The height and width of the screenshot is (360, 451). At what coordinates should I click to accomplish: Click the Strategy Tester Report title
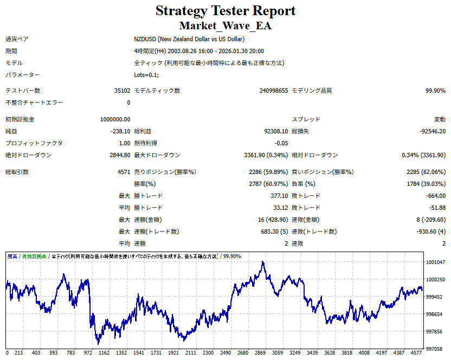(x=225, y=10)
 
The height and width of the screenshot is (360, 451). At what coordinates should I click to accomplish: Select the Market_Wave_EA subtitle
(x=225, y=25)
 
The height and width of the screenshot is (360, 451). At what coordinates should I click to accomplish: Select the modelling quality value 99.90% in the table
(x=435, y=91)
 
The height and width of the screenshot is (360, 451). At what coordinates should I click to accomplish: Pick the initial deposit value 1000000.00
(x=115, y=119)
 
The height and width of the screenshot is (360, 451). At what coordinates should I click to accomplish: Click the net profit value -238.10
(x=120, y=131)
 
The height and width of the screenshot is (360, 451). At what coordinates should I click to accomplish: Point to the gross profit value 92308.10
(x=273, y=131)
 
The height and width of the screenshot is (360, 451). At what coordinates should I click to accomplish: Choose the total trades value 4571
(x=123, y=172)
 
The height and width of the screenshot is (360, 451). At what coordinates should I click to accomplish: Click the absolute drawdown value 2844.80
(x=120, y=155)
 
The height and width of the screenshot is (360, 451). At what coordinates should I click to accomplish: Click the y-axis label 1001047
(x=436, y=262)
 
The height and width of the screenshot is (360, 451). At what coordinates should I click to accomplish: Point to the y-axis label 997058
(x=435, y=349)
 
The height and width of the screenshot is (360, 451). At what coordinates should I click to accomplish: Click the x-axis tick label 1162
(x=104, y=353)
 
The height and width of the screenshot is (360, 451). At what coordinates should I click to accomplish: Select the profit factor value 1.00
(x=124, y=143)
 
